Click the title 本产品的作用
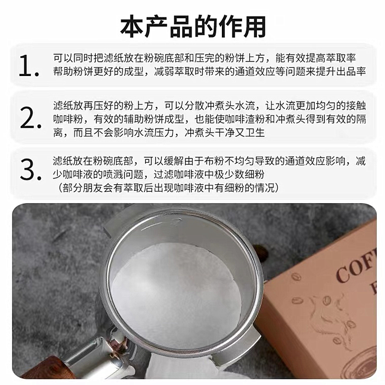point(192,25)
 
